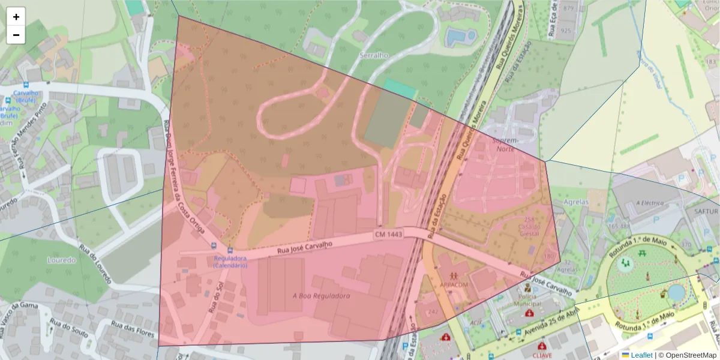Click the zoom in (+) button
16,17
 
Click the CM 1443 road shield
388,233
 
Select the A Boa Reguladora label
321,295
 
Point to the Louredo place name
62,260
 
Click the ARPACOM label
453,284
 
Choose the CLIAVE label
542,355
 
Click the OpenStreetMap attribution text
691,355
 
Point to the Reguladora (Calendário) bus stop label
230,262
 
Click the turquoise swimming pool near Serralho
460,37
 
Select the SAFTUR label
706,211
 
